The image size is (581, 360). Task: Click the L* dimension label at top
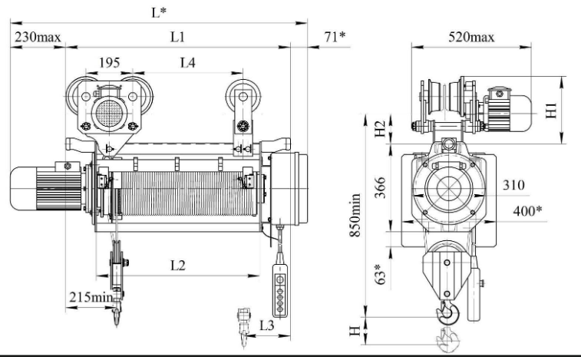pyautogui.click(x=159, y=12)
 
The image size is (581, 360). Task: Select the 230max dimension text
pyautogui.click(x=38, y=37)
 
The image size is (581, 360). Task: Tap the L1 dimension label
pyautogui.click(x=177, y=37)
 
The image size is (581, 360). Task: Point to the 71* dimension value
pyautogui.click(x=335, y=37)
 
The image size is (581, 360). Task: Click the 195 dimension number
pyautogui.click(x=109, y=63)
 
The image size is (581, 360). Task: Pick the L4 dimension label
pyautogui.click(x=187, y=63)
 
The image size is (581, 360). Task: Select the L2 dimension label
pyautogui.click(x=178, y=266)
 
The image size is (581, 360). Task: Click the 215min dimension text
pyautogui.click(x=91, y=297)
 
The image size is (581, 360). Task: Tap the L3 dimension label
pyautogui.click(x=266, y=325)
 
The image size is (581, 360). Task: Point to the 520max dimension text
pyautogui.click(x=471, y=37)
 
